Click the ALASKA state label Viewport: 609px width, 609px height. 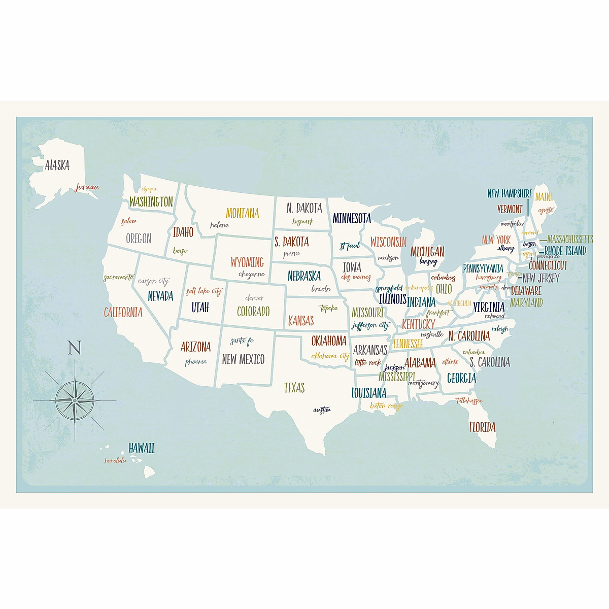pos(57,165)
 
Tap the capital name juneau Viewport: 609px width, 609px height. pos(87,187)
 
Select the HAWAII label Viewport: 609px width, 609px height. pos(141,448)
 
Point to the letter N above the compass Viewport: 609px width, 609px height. pos(75,348)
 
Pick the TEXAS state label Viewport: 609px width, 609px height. pos(294,388)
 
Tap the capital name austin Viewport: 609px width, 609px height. pos(322,410)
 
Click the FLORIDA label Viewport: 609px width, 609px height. pos(482,427)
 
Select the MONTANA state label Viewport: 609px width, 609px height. pos(242,213)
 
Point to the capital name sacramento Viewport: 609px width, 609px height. pos(119,278)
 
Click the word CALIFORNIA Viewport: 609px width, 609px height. pos(123,312)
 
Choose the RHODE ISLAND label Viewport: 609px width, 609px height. pos(565,251)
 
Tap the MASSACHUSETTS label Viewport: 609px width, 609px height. pos(569,239)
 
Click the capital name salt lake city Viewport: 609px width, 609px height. pos(204,291)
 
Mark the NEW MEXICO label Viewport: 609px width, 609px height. pos(243,359)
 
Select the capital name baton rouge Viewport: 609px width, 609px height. pos(386,405)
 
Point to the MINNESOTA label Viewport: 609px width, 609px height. pos(352,218)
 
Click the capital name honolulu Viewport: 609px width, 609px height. pos(115,460)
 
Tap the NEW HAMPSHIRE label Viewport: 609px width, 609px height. pos(510,193)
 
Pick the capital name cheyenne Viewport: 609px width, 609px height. pos(252,275)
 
